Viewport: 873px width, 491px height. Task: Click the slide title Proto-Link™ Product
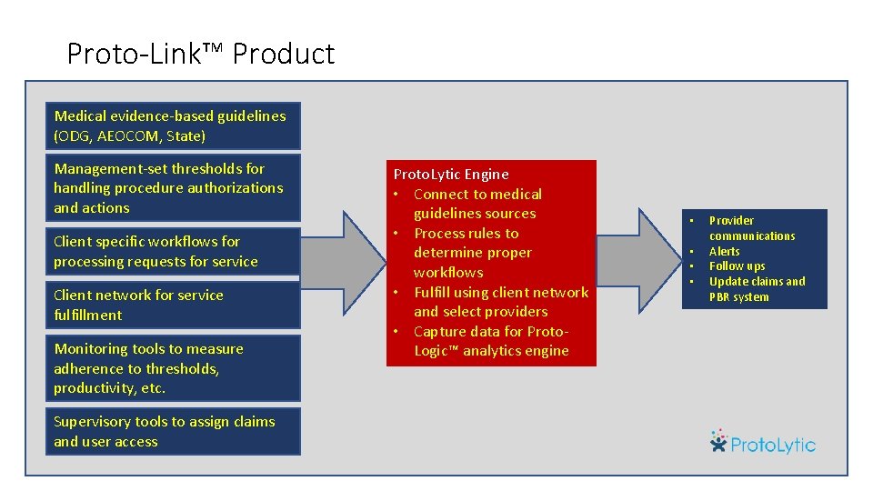(x=200, y=55)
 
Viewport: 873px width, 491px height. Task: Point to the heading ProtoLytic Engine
(x=451, y=175)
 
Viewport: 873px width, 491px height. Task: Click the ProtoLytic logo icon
(x=719, y=441)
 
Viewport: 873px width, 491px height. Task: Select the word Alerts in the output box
(x=725, y=252)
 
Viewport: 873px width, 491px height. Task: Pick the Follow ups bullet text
(x=738, y=266)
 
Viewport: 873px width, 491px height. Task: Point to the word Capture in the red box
(x=440, y=332)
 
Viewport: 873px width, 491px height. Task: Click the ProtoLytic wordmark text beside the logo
(x=774, y=445)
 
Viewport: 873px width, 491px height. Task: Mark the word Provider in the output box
(x=732, y=221)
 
